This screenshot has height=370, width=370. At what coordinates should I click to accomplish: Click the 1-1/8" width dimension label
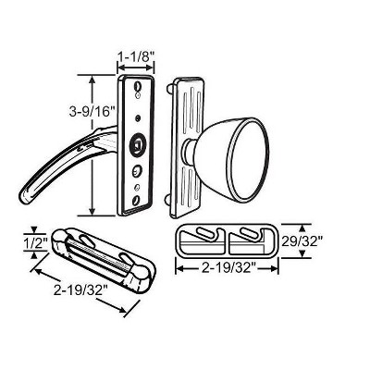(x=136, y=56)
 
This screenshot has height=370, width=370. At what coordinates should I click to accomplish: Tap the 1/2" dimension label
(x=35, y=242)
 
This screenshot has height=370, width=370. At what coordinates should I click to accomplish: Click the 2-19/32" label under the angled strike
(x=80, y=290)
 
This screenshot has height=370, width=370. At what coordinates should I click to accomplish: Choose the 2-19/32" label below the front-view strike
(x=228, y=268)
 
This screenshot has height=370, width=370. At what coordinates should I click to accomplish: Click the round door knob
(x=231, y=159)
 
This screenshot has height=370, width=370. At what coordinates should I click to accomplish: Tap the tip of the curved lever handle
(x=26, y=199)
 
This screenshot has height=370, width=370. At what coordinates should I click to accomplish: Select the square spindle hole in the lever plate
(x=136, y=144)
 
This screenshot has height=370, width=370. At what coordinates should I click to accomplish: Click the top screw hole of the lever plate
(x=137, y=84)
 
